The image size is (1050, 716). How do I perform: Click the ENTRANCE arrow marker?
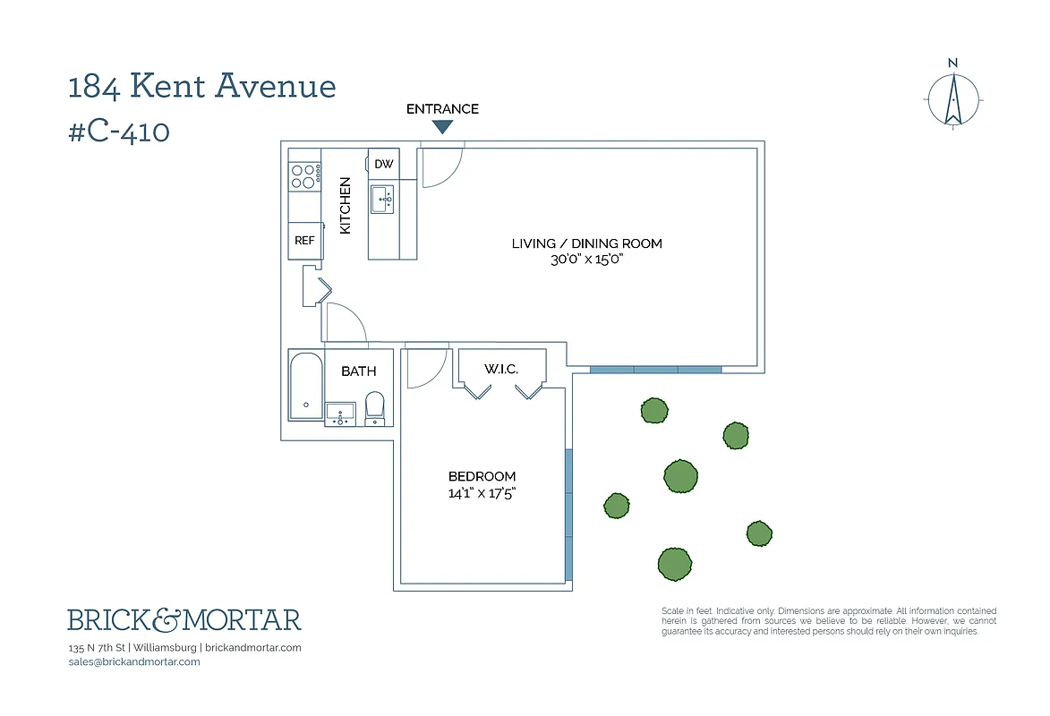click(442, 127)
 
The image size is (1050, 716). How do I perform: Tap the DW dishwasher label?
click(383, 164)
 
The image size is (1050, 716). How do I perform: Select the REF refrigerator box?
click(304, 241)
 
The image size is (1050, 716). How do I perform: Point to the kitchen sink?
click(383, 200)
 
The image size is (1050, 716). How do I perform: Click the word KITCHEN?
click(346, 206)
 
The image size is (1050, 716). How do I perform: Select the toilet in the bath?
click(375, 408)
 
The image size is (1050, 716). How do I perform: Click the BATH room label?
click(358, 371)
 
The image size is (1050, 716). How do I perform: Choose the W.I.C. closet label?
click(501, 369)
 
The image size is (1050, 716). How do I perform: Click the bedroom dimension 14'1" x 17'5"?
click(482, 492)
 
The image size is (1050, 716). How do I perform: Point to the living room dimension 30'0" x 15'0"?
click(586, 260)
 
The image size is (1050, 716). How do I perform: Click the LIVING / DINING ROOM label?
click(586, 243)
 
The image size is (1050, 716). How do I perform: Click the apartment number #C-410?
click(119, 132)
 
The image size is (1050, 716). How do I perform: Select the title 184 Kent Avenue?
click(202, 87)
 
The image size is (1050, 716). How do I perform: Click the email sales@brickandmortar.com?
click(133, 661)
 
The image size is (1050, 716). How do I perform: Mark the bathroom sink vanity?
click(340, 414)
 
